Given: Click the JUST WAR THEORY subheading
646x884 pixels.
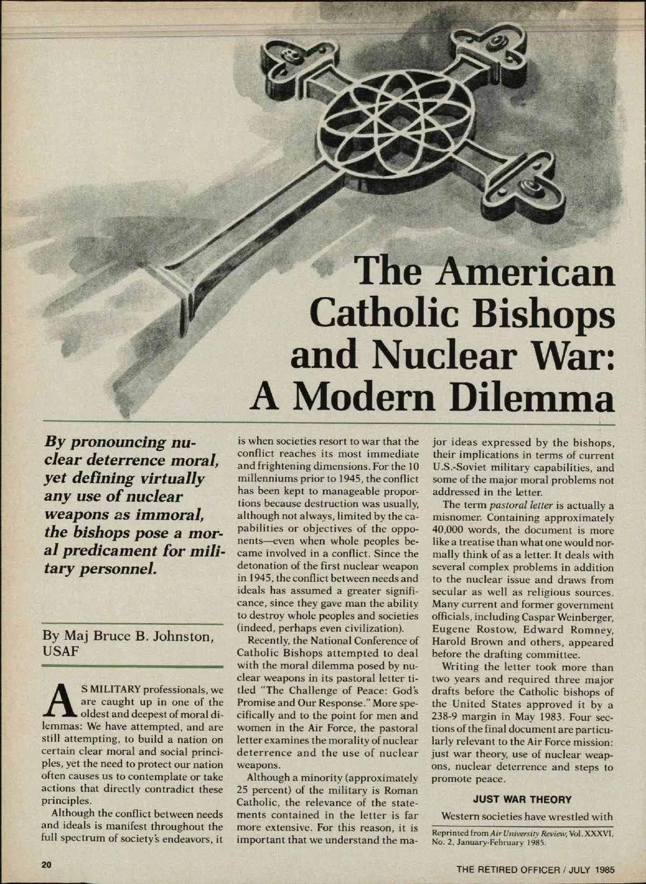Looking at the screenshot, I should tap(522, 800).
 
